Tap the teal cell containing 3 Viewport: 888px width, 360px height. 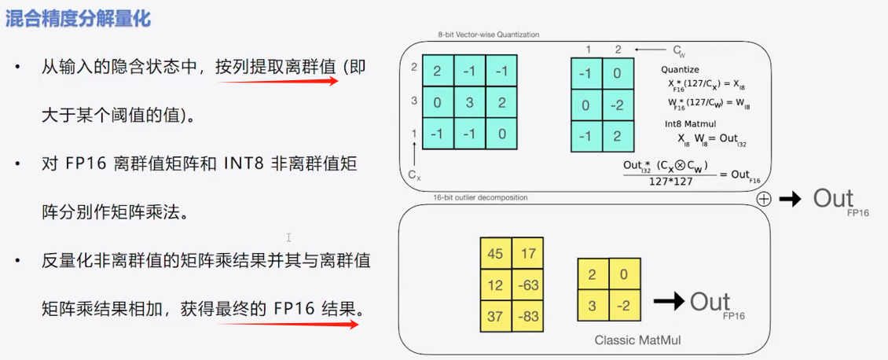[x=470, y=101]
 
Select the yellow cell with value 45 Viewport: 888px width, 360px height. [x=495, y=253]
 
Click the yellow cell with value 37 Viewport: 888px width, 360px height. [x=495, y=315]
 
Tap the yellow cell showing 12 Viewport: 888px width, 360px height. [x=495, y=284]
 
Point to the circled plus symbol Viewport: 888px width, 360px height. [x=763, y=200]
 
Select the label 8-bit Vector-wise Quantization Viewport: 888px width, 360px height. [x=489, y=35]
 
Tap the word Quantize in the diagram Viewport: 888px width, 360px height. [x=680, y=70]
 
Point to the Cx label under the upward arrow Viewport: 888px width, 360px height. [x=414, y=174]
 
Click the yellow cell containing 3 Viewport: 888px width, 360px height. [x=592, y=305]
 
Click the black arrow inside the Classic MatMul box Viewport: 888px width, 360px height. [x=671, y=300]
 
